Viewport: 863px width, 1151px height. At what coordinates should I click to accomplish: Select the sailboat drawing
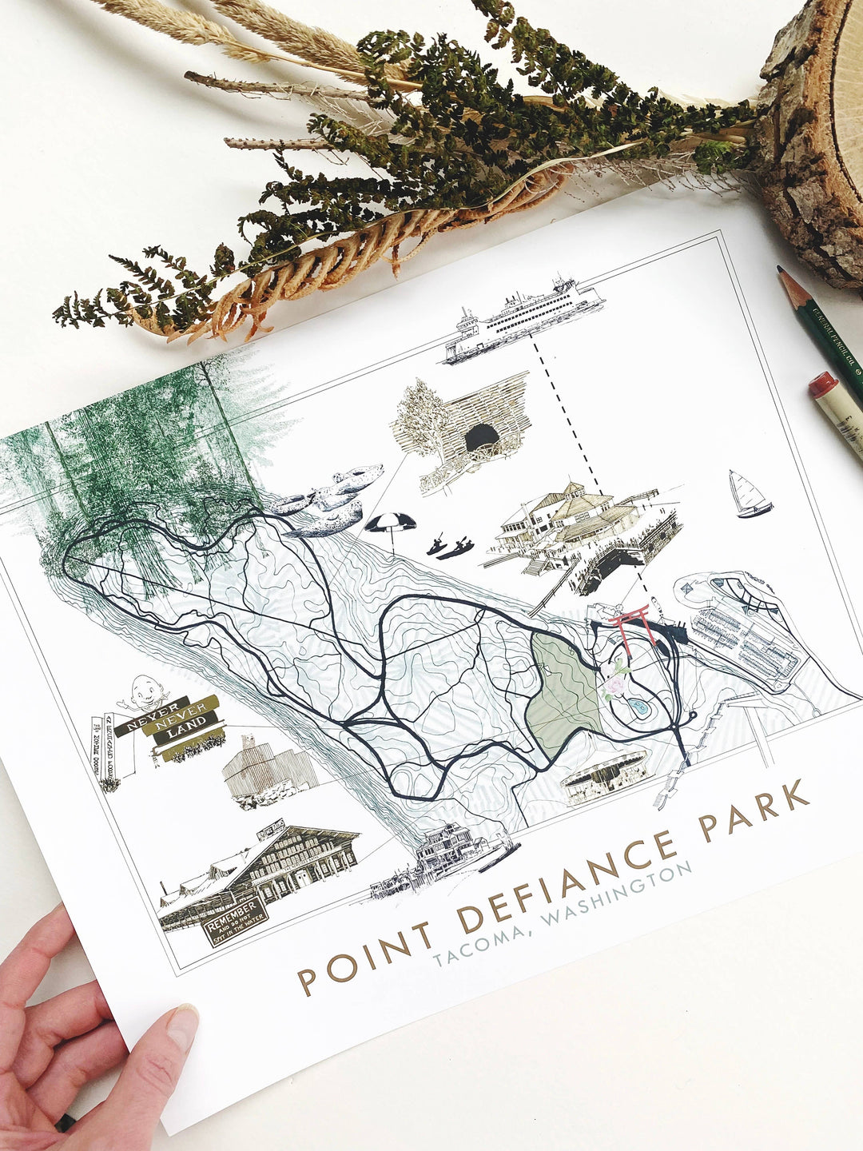click(x=749, y=495)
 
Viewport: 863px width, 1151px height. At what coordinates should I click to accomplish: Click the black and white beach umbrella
click(x=390, y=527)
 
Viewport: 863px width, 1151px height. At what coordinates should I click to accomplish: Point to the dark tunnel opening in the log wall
click(x=481, y=438)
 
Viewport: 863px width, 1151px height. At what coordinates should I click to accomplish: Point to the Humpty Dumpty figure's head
click(x=144, y=688)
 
